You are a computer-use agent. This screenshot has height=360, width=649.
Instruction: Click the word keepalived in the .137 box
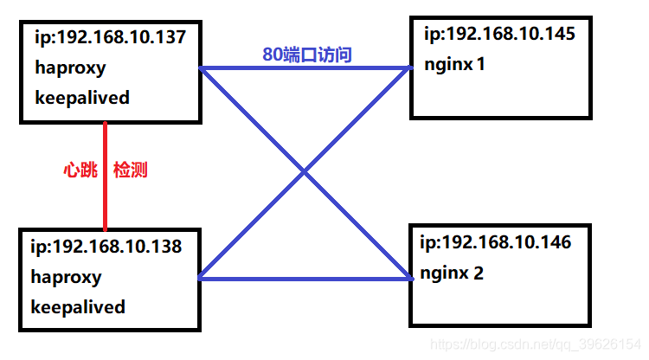82,97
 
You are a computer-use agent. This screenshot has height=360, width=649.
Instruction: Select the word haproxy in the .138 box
67,277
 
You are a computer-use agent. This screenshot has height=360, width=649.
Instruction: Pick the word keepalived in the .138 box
79,307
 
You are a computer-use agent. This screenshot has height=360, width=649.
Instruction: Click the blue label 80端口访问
306,55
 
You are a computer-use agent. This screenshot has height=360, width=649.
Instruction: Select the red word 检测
131,170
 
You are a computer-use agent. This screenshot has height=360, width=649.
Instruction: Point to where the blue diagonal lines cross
304,174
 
